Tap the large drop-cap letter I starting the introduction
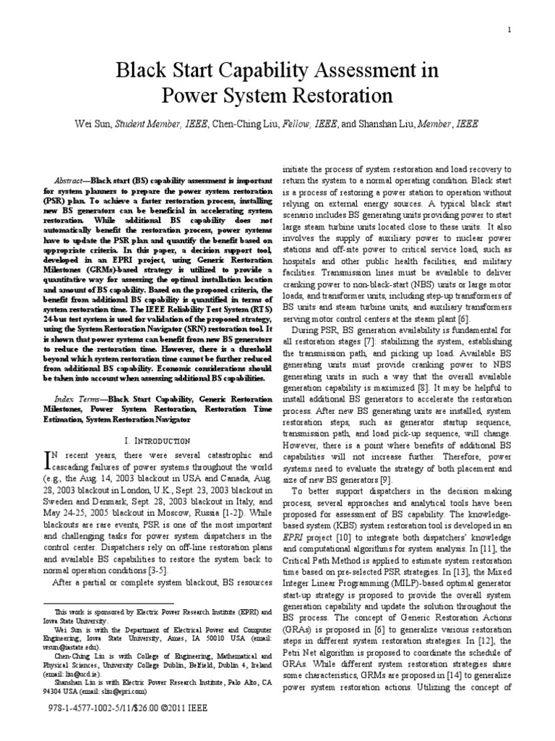click(x=50, y=457)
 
